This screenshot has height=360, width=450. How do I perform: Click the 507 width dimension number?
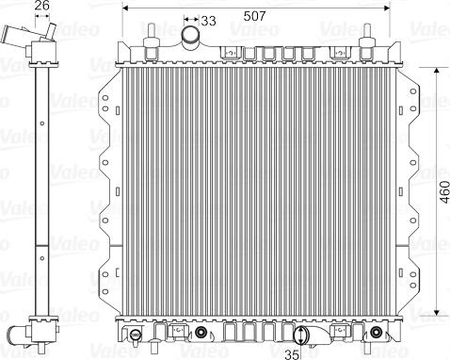point(253,16)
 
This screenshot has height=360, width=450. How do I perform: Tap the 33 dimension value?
point(208,20)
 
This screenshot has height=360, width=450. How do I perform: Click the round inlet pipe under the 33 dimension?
point(191,39)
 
